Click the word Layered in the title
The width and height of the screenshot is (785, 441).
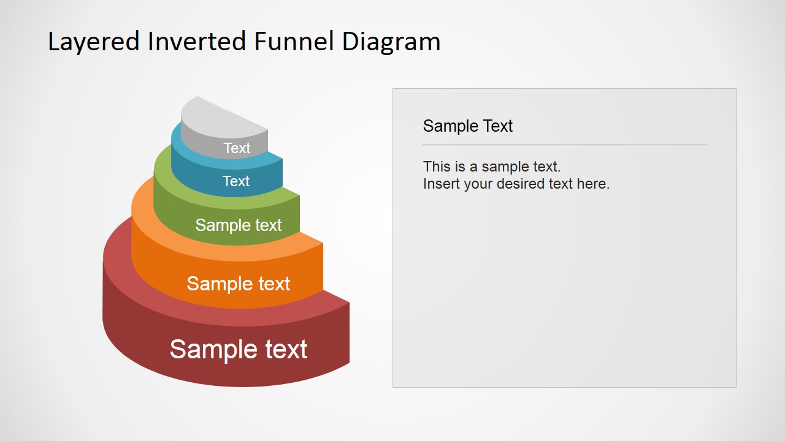click(x=94, y=42)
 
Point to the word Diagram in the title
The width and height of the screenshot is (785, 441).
click(x=391, y=42)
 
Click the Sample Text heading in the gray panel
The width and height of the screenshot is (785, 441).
click(x=467, y=126)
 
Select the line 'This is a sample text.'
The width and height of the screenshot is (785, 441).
click(x=492, y=167)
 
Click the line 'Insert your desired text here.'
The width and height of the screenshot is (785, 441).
click(x=516, y=184)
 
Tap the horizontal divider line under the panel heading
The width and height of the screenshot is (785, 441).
click(x=564, y=145)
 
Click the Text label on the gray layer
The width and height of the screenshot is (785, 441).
click(x=237, y=148)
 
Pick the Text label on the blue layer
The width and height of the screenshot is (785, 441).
click(x=236, y=181)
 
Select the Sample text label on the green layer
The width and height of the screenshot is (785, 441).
click(x=238, y=225)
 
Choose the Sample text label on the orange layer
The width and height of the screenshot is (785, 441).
click(x=238, y=284)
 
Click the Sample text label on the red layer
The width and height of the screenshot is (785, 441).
click(x=238, y=349)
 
